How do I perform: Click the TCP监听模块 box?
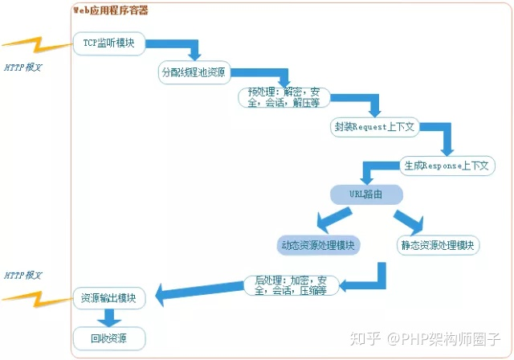(x=109, y=43)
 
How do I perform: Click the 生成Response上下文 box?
(x=447, y=166)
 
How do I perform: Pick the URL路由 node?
(x=365, y=194)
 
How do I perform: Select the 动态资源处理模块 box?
(x=319, y=244)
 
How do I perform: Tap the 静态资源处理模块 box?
(x=438, y=244)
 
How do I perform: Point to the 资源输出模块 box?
(x=109, y=297)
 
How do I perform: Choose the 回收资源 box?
(x=109, y=337)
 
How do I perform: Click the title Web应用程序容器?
(x=110, y=10)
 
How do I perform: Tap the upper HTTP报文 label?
(x=22, y=67)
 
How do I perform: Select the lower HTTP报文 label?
(x=22, y=275)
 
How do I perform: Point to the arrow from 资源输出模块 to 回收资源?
(x=109, y=317)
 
